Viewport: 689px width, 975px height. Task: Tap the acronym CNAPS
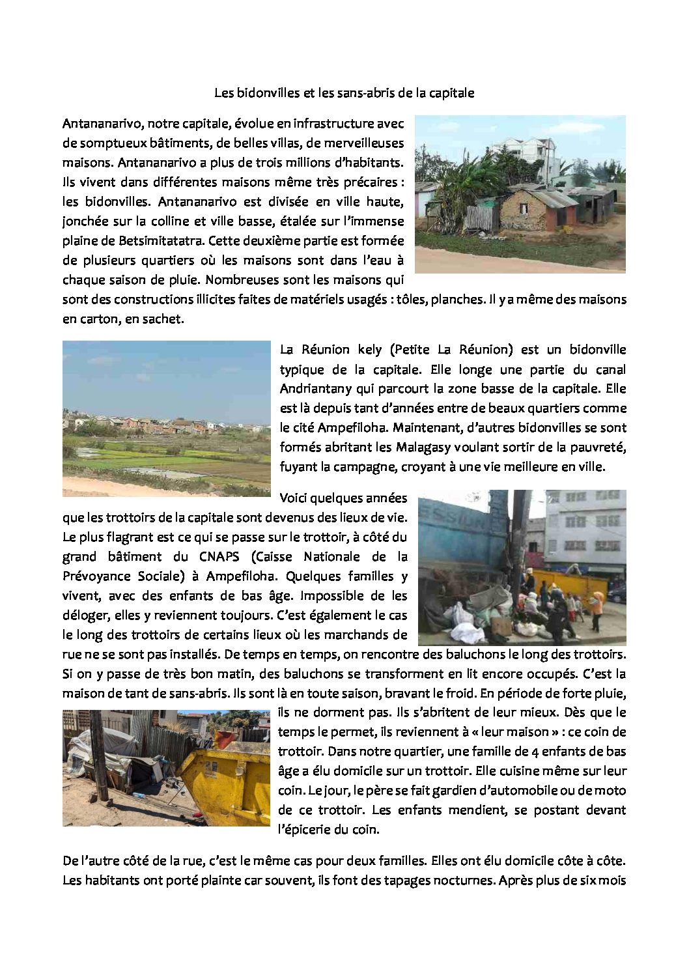click(219, 556)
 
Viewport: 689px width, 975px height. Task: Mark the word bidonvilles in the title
click(268, 92)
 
